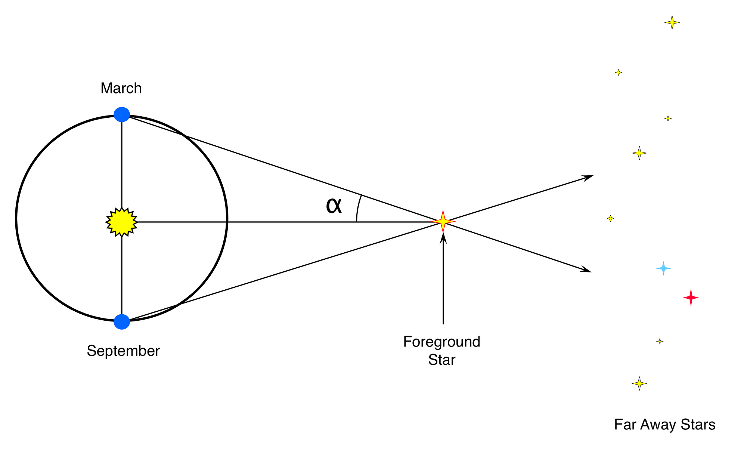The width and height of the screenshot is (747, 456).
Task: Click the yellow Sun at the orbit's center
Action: point(122,222)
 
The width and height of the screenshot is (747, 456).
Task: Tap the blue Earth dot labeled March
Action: point(122,114)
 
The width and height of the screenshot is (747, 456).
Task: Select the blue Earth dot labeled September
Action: point(122,322)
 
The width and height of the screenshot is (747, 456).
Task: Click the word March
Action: point(121,89)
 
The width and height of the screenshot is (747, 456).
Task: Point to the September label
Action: point(123,351)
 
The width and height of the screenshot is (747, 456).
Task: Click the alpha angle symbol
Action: point(334,206)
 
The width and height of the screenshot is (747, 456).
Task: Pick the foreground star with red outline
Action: point(443,221)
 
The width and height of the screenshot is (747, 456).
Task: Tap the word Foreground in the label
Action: point(441,342)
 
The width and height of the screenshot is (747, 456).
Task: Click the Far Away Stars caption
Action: point(664,425)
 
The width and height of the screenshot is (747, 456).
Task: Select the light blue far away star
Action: point(663,268)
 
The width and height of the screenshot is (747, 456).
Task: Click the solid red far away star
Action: point(691,298)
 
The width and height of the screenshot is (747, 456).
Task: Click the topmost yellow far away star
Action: point(672,22)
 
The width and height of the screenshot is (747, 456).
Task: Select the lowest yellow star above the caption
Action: point(639,383)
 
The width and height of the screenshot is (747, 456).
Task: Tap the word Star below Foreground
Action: point(441,360)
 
